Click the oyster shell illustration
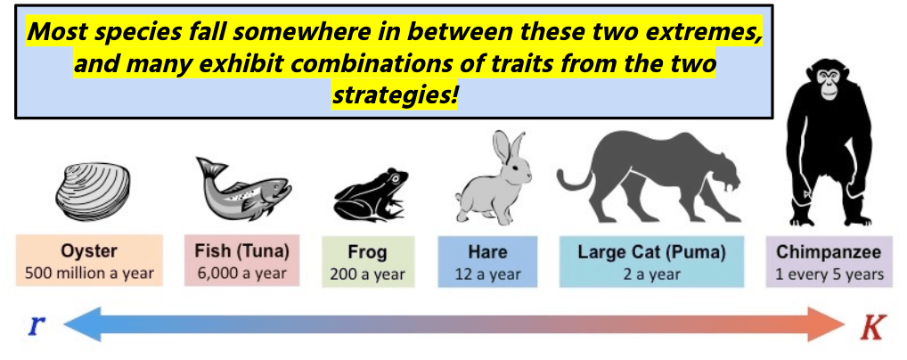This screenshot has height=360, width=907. tap(94, 191)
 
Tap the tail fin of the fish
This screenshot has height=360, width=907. tap(210, 169)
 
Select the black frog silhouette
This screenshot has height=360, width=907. tap(371, 194)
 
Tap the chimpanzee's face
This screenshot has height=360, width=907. tap(829, 83)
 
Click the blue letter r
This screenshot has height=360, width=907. tap(36, 326)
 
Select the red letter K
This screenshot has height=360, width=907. tap(873, 328)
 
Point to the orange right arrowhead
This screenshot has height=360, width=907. tap(827, 324)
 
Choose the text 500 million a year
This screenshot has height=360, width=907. tap(89, 274)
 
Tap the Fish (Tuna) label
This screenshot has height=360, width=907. tap(241, 252)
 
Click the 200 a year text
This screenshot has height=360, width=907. tap(368, 274)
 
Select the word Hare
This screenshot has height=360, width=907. tap(487, 252)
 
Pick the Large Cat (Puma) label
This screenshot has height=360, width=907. tap(651, 252)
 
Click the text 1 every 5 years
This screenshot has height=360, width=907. tap(829, 274)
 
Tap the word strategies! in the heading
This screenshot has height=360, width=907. tap(395, 95)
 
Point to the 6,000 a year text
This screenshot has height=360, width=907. tap(241, 274)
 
